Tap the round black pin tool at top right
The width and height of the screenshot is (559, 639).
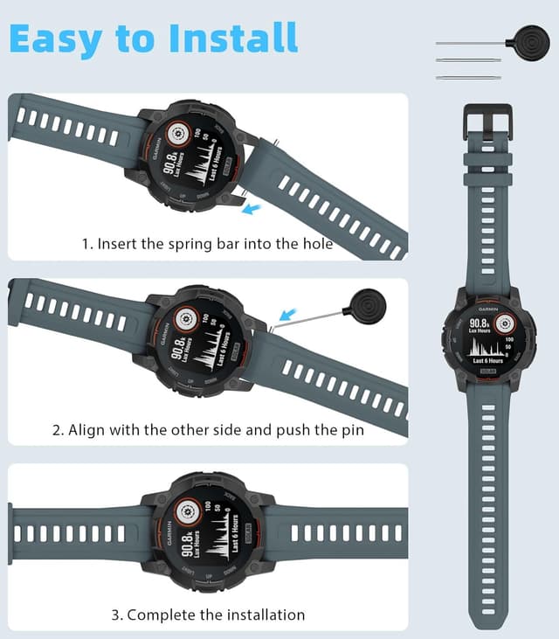tap(533, 42)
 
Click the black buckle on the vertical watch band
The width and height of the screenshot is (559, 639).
tap(487, 122)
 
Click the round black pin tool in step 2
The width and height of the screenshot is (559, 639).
tap(361, 305)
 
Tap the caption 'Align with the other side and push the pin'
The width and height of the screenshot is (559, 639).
tap(207, 429)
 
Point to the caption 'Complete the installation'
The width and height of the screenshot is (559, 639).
tap(207, 615)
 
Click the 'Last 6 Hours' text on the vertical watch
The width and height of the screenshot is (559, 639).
tap(487, 360)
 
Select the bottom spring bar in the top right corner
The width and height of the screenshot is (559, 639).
tap(468, 77)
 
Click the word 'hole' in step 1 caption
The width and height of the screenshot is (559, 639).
tap(317, 244)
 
